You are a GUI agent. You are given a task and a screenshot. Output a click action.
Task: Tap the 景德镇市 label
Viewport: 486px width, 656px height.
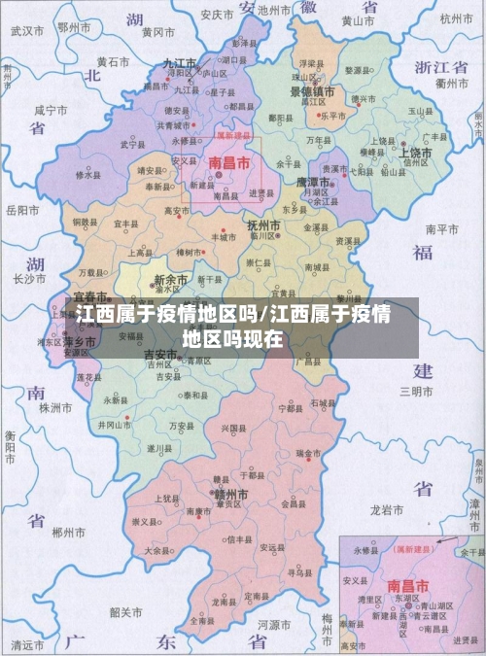click(x=312, y=91)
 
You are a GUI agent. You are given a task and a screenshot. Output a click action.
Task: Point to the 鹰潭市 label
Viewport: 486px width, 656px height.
click(x=313, y=181)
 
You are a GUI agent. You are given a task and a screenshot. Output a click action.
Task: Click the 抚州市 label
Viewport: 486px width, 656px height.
click(x=262, y=224)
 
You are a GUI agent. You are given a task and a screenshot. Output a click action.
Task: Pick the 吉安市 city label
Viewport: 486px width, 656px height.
click(x=162, y=355)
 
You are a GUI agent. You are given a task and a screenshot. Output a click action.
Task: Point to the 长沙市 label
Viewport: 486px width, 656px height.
click(x=30, y=279)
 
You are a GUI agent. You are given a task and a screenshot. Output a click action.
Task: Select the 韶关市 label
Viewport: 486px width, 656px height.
click(x=127, y=612)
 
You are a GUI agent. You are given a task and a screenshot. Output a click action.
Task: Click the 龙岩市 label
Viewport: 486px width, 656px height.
click(x=387, y=508)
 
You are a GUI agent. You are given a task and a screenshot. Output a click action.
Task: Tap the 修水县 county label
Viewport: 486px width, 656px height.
click(x=87, y=175)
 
